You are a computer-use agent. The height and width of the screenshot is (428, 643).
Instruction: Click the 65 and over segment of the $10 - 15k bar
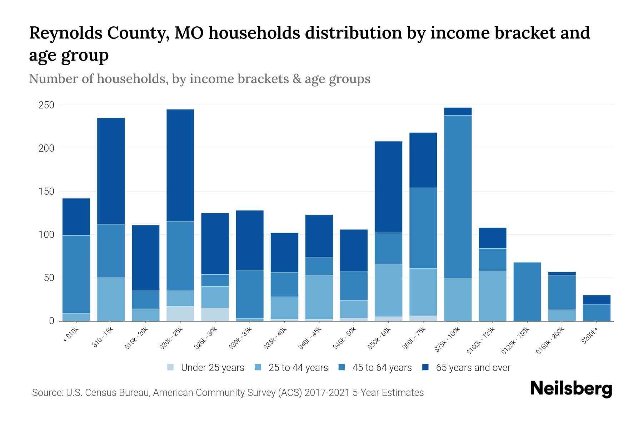111,171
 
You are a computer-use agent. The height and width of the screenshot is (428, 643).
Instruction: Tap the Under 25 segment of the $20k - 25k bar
180,314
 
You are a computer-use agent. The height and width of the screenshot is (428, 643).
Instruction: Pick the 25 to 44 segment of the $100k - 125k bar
492,296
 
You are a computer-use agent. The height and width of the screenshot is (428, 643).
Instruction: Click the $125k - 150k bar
527,291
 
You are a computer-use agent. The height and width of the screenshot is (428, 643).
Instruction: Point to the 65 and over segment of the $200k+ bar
596,300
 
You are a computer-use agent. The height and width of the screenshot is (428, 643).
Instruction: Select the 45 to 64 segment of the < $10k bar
76,274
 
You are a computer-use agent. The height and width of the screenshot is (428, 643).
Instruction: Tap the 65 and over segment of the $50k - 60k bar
388,187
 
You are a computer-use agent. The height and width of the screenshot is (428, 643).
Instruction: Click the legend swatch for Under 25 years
171,367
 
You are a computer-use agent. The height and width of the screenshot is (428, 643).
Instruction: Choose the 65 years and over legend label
473,368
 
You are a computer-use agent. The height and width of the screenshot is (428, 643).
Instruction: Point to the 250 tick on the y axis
46,105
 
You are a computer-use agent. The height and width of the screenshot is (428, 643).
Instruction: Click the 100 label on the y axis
46,235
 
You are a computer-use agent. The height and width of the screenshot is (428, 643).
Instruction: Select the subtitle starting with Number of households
199,79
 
